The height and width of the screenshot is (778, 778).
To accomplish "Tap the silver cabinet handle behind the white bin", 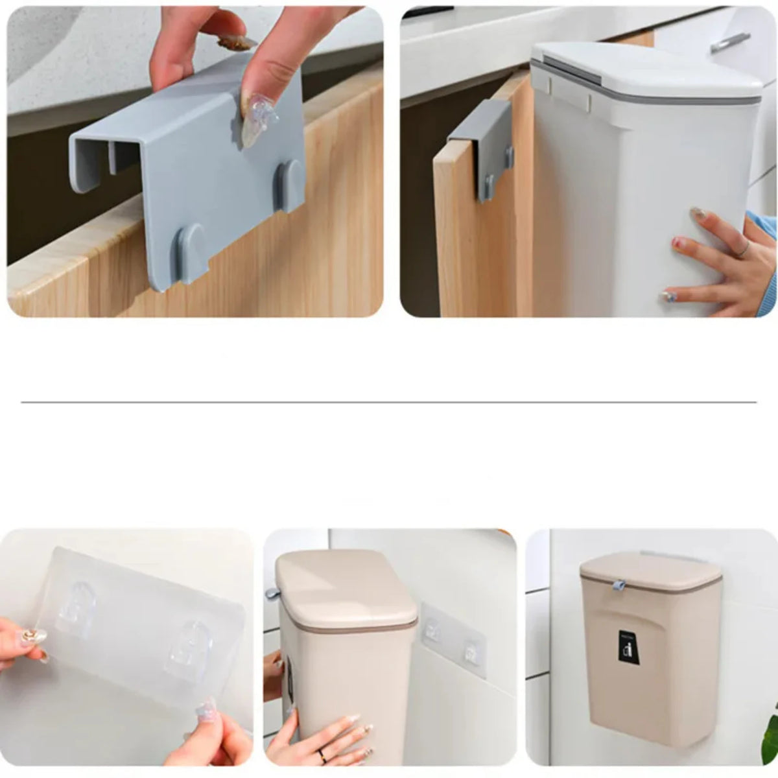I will pyautogui.click(x=730, y=42).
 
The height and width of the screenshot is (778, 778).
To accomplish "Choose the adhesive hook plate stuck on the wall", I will pyautogui.click(x=454, y=639).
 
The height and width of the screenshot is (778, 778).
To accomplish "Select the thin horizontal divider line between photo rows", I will pyautogui.click(x=389, y=403).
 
